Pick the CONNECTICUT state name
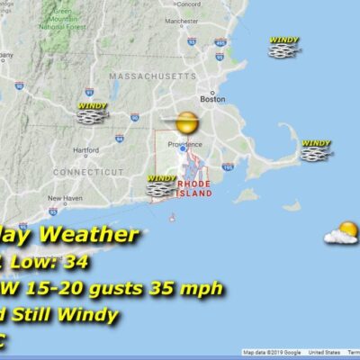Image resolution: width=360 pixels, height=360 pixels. tap(88, 171)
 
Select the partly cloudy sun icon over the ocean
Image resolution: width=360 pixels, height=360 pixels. tap(342, 233)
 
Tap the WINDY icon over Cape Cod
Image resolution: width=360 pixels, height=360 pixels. tap(316, 150)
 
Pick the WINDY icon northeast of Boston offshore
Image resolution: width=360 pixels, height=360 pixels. tap(283, 47)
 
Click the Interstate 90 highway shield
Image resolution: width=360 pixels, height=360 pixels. tap(134, 117)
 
